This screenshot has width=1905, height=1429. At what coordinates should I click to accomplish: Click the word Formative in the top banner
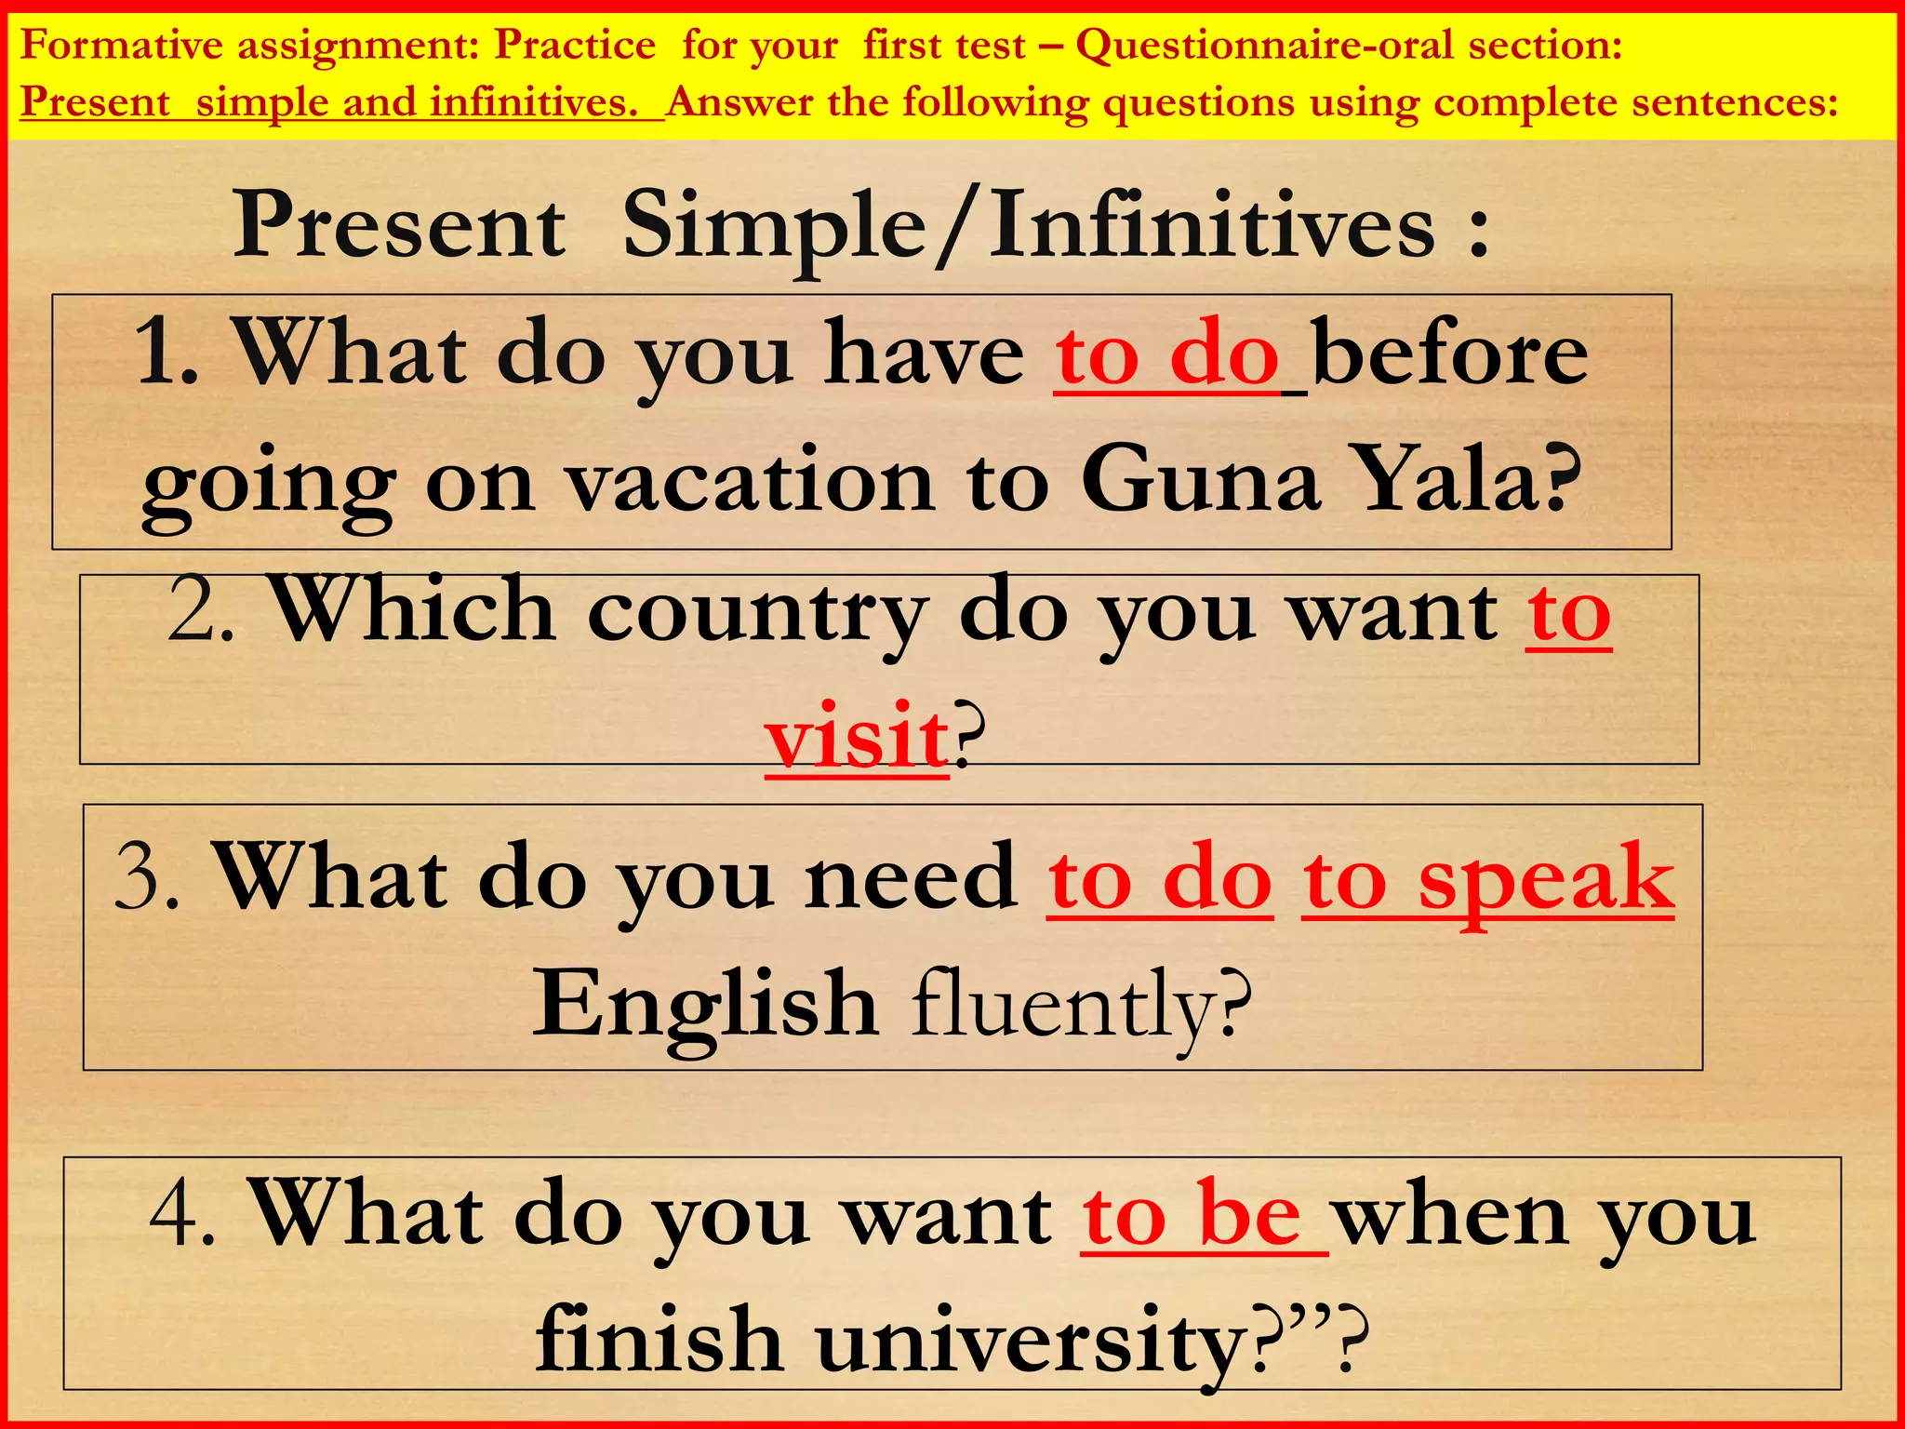pos(121,45)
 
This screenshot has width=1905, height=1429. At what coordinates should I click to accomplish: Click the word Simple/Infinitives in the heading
pos(1029,226)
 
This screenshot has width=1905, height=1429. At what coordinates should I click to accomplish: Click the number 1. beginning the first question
pos(167,353)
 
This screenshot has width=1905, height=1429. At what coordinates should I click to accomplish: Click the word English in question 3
pos(705,1005)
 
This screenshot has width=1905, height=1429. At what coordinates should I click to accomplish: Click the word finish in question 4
pos(659,1340)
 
